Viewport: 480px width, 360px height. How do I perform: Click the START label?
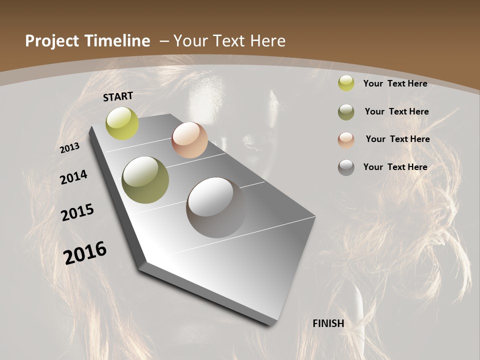click(x=118, y=96)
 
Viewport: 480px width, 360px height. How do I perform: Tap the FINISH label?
click(x=328, y=323)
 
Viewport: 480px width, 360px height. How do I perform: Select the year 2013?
click(x=70, y=147)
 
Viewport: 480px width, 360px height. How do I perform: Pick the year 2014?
click(x=73, y=177)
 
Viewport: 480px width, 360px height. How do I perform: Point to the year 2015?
click(x=77, y=212)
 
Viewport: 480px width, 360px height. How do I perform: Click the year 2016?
click(x=85, y=252)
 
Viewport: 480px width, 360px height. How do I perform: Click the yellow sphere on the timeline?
click(x=122, y=123)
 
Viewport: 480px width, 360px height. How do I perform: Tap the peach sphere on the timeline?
click(x=189, y=140)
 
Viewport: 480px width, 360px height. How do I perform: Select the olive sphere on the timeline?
click(x=145, y=180)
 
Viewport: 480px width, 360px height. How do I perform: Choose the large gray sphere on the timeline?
click(x=215, y=207)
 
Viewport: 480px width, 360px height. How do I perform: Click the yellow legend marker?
click(x=346, y=83)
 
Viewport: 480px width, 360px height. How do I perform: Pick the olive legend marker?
click(x=346, y=112)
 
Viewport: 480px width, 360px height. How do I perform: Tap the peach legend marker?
click(x=346, y=139)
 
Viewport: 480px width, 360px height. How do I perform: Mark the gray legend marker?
click(x=346, y=167)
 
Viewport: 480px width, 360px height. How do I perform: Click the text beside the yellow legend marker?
click(x=395, y=83)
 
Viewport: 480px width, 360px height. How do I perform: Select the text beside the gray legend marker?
click(x=395, y=167)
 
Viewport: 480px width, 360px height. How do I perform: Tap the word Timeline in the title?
click(x=118, y=41)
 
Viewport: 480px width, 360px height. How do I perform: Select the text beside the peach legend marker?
click(x=397, y=139)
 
